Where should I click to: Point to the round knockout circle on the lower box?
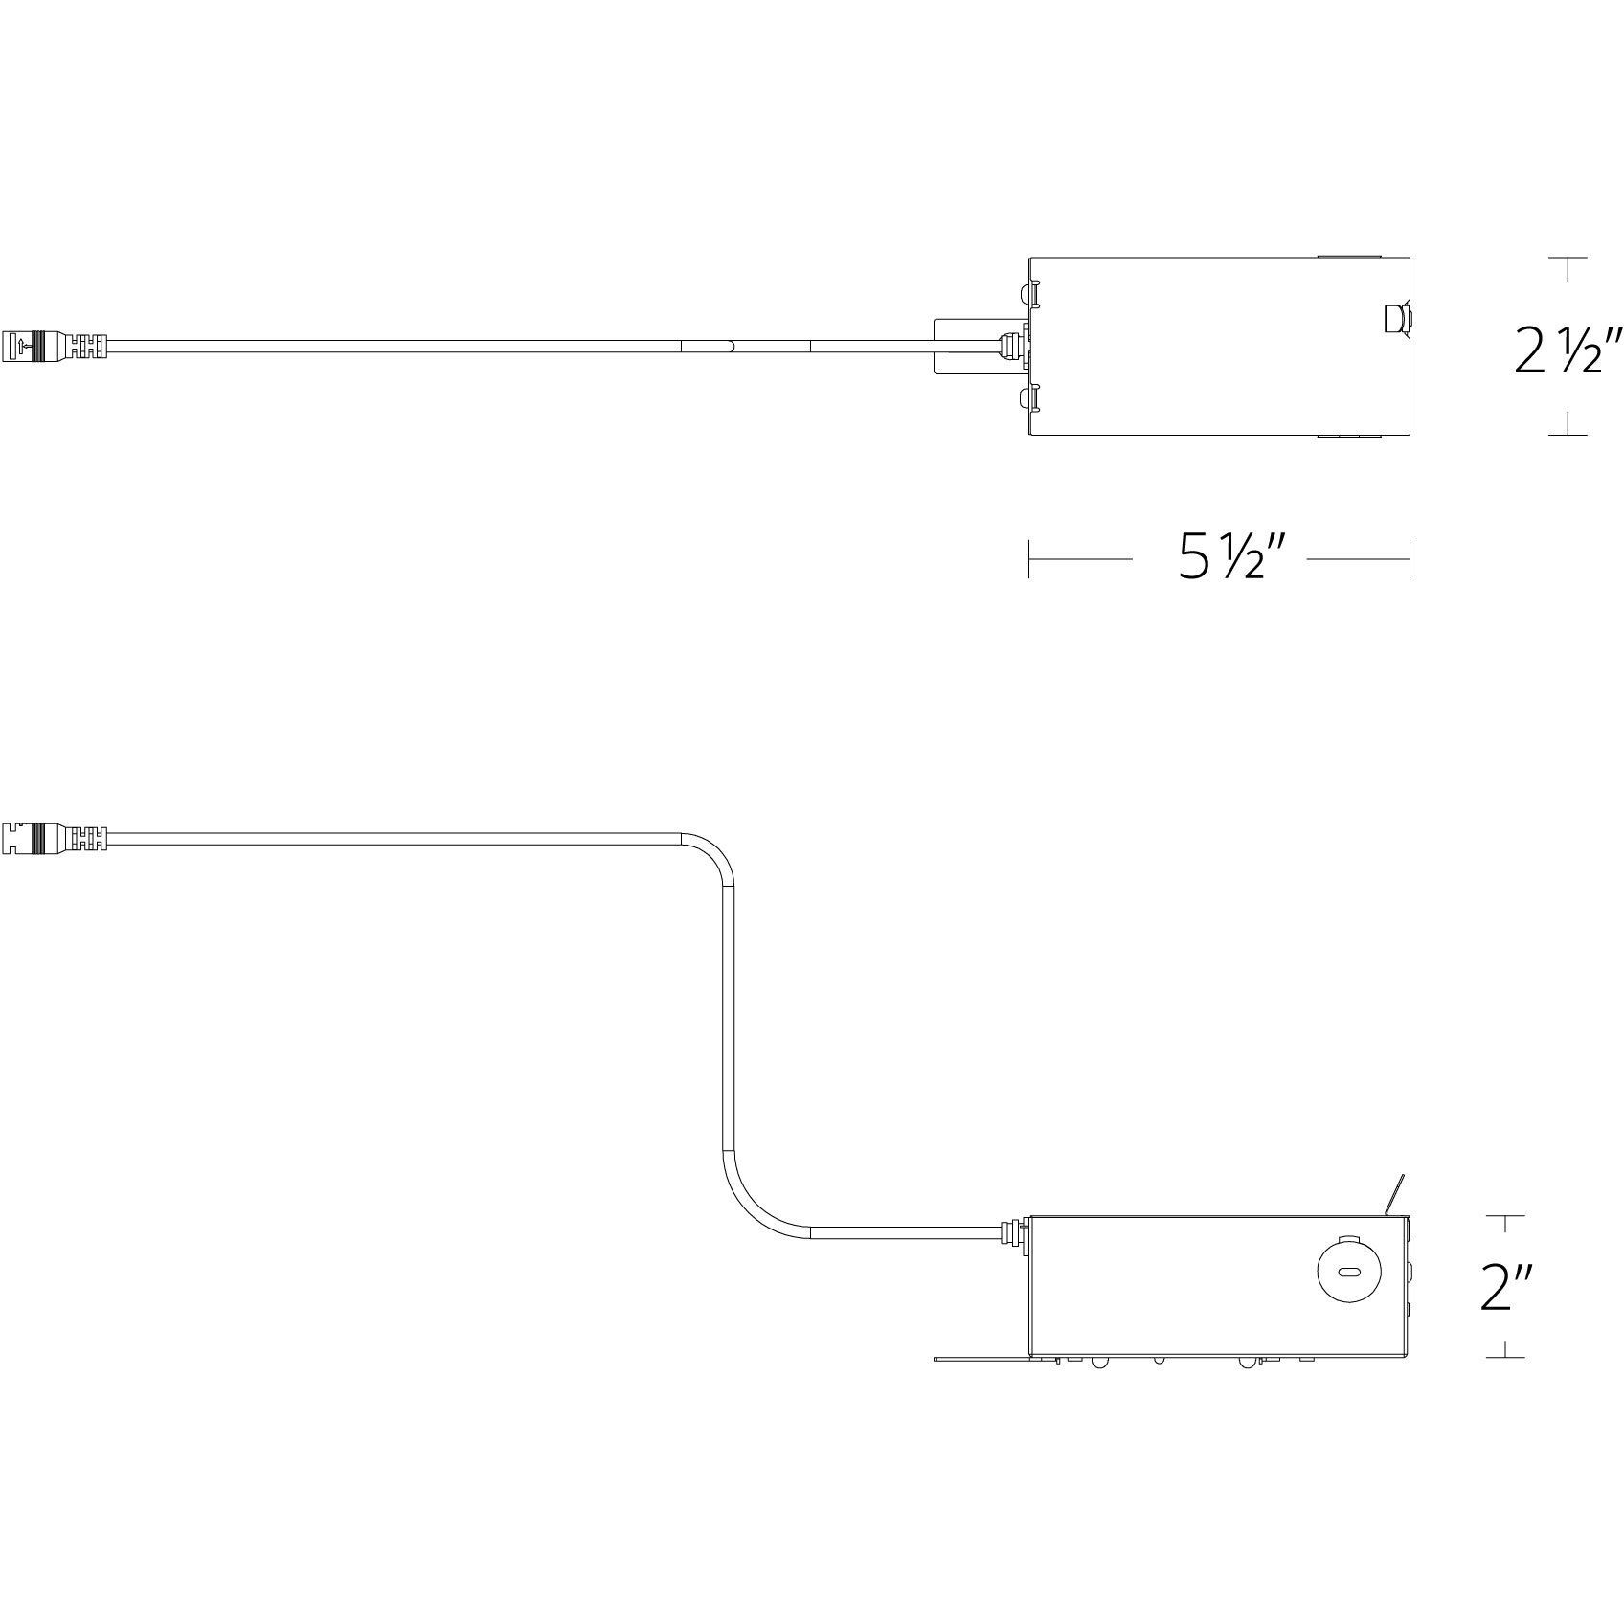pos(1348,1273)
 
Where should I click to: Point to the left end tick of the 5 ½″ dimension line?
pos(1029,558)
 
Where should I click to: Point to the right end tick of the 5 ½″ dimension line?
pos(1410,558)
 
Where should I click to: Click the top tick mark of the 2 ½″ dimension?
pos(1568,258)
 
